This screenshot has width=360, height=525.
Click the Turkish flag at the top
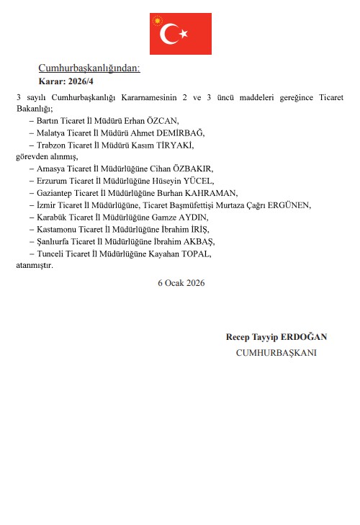click(180, 34)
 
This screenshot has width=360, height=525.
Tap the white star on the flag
click(184, 33)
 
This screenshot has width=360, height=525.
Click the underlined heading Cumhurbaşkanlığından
click(89, 68)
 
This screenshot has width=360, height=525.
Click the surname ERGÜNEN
click(289, 205)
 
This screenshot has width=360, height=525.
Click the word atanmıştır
click(35, 265)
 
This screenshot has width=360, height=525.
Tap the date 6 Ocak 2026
click(181, 283)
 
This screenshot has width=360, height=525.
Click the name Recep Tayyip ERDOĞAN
click(276, 337)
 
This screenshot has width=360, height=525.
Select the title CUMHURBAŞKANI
click(276, 353)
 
